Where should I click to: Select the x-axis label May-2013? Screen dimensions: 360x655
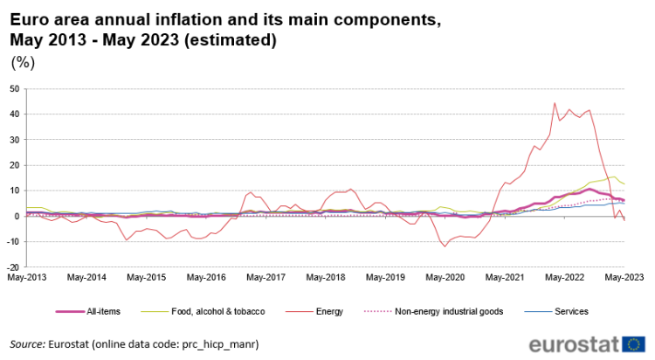point(27,278)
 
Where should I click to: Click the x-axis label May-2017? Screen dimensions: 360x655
point(265,278)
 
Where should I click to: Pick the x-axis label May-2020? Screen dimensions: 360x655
point(445,278)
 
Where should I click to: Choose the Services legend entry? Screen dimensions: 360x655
point(571,311)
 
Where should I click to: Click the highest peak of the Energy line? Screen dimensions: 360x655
point(555,103)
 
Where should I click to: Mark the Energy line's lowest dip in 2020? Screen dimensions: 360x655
point(445,246)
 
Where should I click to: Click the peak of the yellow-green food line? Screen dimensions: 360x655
point(614,177)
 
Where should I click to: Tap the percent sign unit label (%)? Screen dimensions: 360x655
point(22,63)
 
